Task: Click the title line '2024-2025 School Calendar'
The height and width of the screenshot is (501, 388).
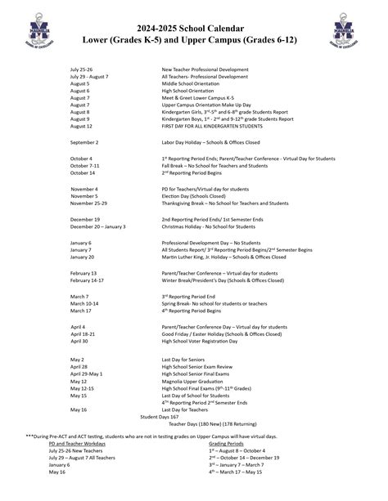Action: point(194,26)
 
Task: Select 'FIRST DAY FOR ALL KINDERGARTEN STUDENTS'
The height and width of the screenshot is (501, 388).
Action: point(212,127)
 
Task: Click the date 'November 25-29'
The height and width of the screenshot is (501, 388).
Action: point(88,204)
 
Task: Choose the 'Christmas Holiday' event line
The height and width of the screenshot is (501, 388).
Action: point(210,226)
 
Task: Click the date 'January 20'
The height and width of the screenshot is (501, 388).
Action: point(83,257)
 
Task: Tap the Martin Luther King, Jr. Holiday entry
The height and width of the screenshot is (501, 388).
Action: point(223,257)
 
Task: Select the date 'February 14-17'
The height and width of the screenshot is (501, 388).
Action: point(88,280)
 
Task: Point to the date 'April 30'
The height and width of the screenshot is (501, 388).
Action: point(79,342)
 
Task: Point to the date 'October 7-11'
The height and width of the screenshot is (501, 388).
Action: point(85,165)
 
